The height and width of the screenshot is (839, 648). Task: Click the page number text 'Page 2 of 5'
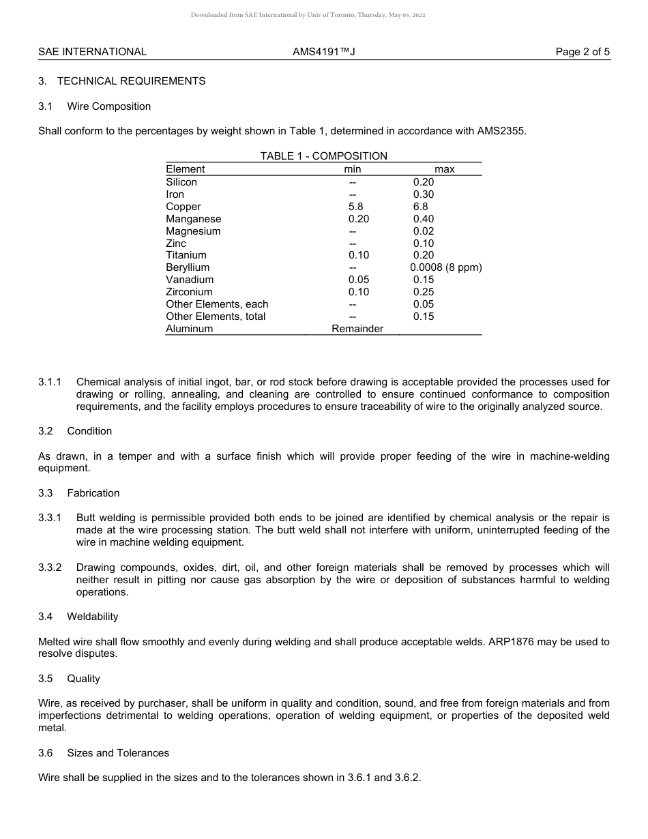point(583,52)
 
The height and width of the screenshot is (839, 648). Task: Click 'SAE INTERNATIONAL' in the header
point(92,52)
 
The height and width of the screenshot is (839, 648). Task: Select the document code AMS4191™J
point(323,52)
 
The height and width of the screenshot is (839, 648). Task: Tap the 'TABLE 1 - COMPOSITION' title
point(323,156)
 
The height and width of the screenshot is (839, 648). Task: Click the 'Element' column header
point(185,169)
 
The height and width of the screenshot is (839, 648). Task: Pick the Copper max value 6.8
point(421,207)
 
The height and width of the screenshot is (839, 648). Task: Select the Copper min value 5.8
point(355,207)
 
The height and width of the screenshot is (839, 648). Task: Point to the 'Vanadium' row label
point(190,280)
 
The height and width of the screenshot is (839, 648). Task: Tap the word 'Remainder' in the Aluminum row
point(357,329)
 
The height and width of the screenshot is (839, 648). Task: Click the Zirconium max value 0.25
point(424,292)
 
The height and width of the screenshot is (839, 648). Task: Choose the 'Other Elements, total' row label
point(216,317)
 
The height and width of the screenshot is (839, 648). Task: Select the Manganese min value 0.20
point(358,219)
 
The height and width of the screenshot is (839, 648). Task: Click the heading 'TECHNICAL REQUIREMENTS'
point(131,81)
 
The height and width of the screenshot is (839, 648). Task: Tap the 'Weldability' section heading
point(93,617)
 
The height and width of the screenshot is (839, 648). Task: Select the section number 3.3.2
point(50,568)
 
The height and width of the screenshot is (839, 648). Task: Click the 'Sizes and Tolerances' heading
point(118,753)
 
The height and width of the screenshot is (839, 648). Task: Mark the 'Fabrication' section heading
point(93,493)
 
